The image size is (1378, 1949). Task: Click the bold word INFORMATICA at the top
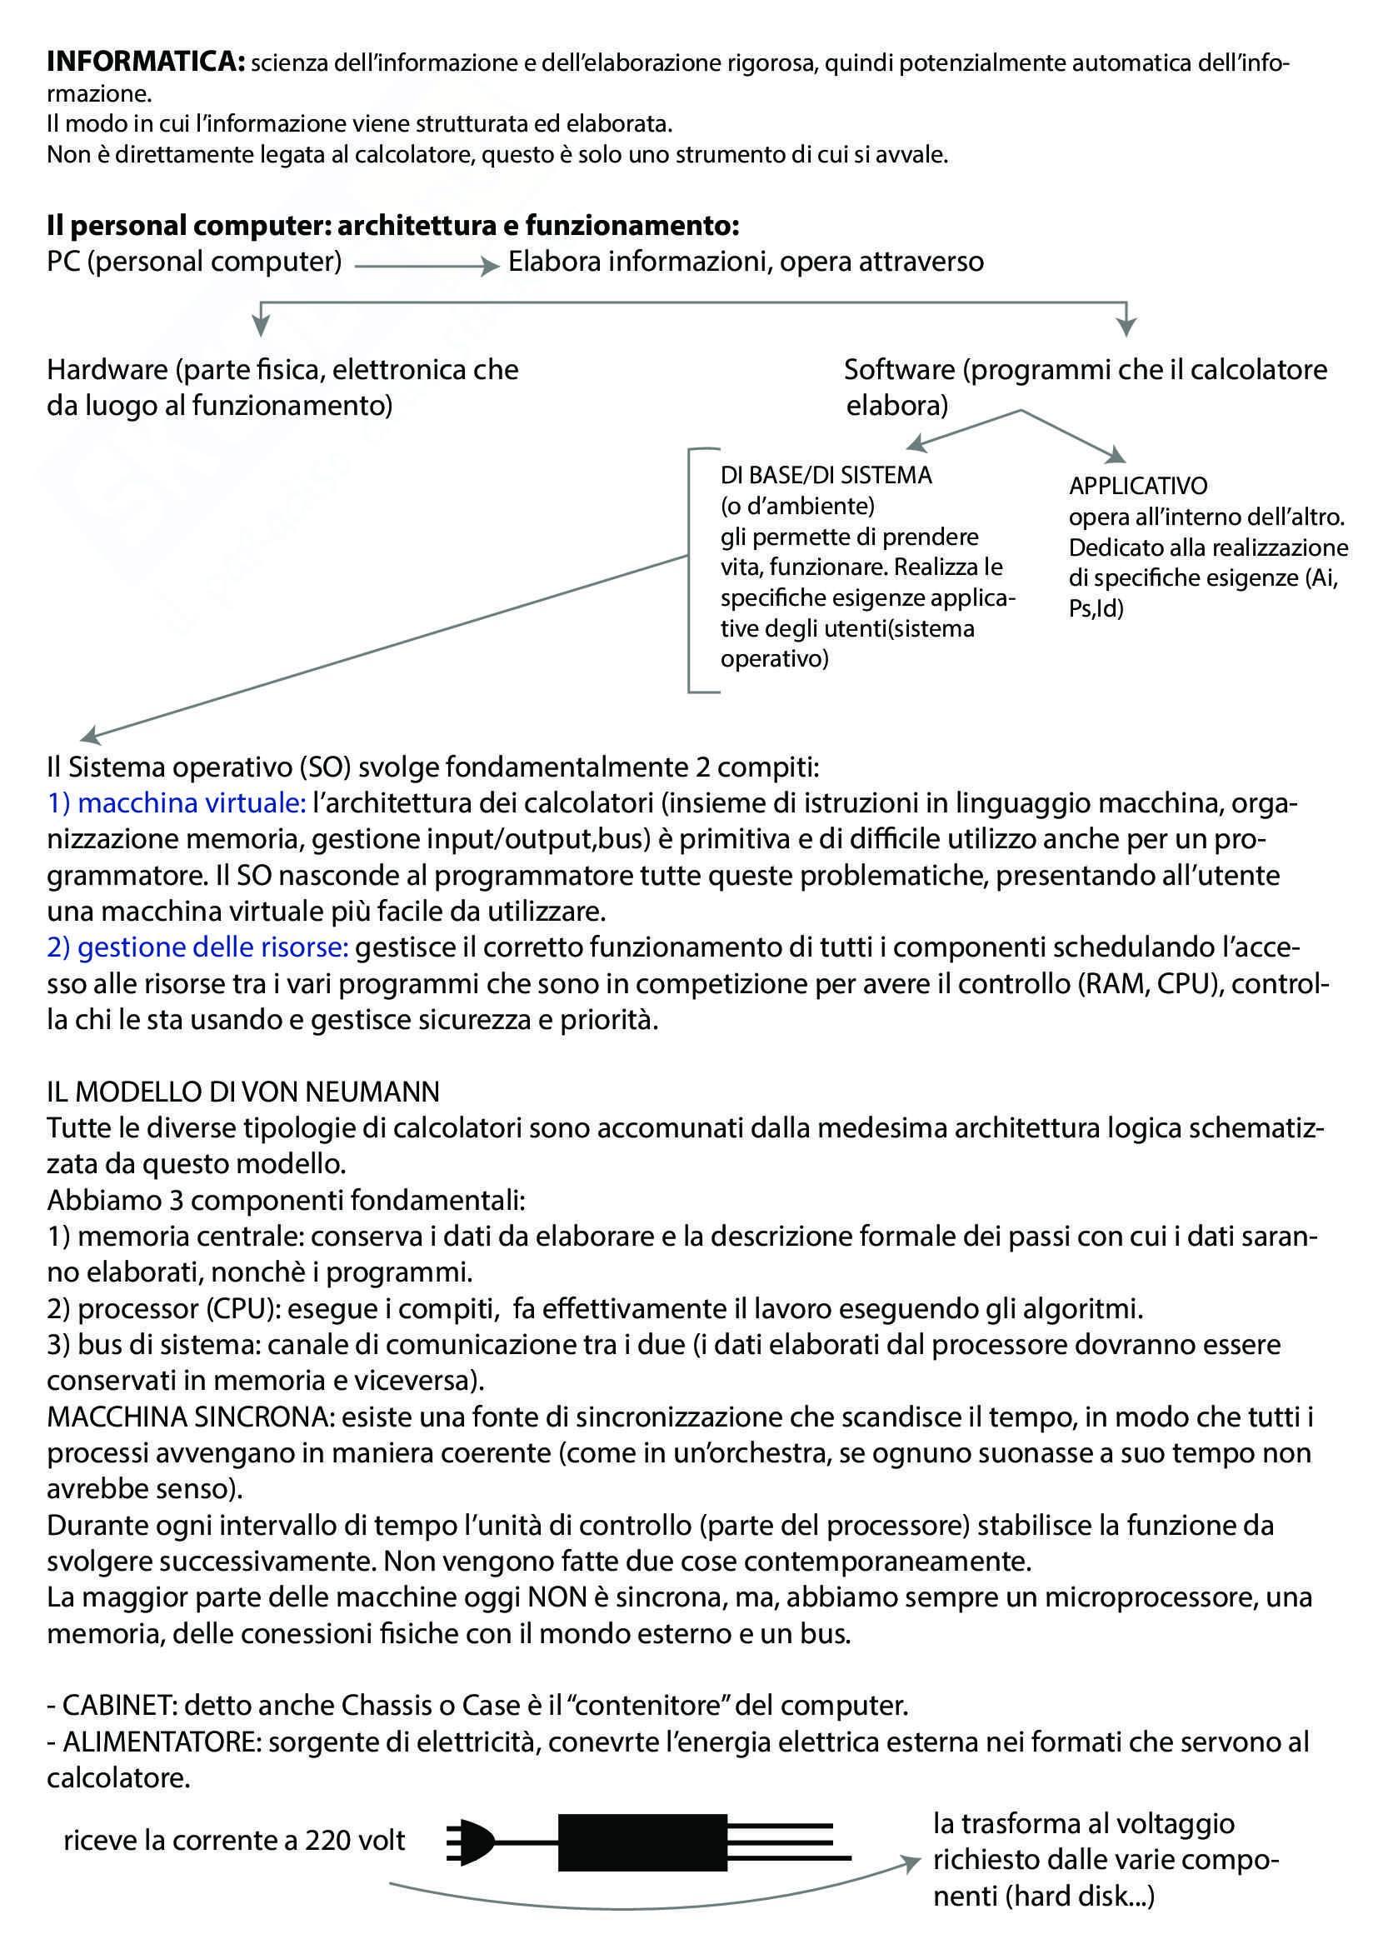point(145,62)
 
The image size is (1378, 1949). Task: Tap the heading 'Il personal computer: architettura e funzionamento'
point(393,226)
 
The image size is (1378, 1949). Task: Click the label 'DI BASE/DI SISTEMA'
point(826,475)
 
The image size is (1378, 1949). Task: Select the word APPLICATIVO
point(1137,487)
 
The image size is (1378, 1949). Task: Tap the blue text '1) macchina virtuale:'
point(177,803)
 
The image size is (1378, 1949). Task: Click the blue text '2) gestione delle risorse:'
point(197,947)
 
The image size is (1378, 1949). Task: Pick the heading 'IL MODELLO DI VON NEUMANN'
point(243,1092)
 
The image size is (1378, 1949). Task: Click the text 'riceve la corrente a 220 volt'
point(234,1841)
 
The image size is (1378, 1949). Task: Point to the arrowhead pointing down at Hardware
point(262,326)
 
